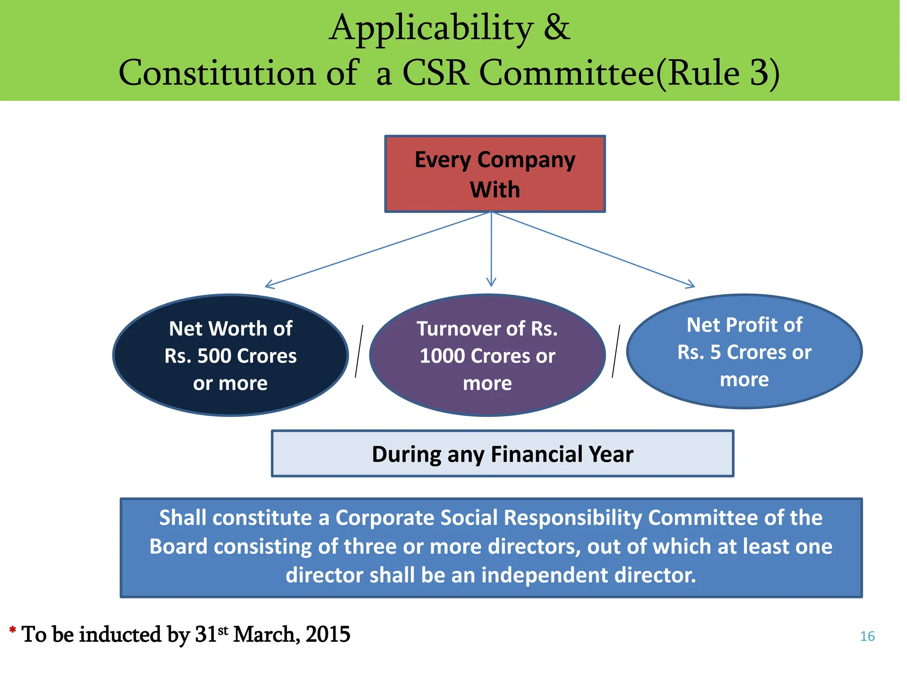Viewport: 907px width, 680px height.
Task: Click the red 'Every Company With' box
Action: (x=495, y=174)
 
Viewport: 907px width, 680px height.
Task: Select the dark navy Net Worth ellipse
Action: (x=230, y=355)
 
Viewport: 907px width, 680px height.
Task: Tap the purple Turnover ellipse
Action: (x=487, y=355)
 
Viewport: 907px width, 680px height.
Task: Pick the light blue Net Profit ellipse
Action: (x=744, y=352)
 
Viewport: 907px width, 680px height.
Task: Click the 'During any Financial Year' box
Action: (x=502, y=454)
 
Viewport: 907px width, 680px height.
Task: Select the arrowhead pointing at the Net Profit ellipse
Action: (x=691, y=285)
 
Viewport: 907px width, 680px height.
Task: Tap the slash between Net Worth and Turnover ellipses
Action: (x=359, y=352)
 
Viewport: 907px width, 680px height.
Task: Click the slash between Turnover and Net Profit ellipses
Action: (x=616, y=352)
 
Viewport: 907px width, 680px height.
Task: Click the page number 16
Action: (x=867, y=636)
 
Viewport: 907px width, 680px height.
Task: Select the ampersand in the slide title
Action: (x=557, y=27)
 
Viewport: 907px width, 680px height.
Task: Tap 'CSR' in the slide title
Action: (x=435, y=73)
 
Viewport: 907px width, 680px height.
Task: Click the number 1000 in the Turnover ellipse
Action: (x=442, y=356)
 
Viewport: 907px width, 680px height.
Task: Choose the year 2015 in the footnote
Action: (x=328, y=634)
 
